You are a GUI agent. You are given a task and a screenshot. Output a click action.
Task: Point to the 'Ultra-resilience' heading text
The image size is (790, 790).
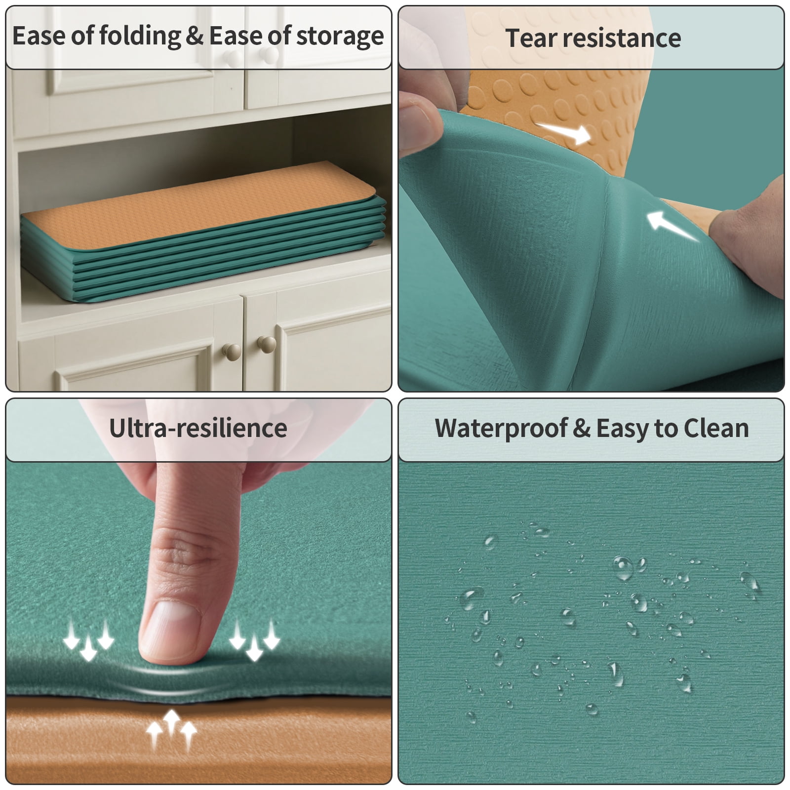(x=198, y=428)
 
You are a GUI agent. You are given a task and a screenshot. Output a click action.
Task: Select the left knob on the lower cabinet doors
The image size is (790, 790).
(x=232, y=352)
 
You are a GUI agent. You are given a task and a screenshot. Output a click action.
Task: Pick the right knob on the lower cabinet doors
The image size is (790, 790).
(x=267, y=344)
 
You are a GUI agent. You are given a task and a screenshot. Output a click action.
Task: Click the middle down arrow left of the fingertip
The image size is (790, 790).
(x=88, y=647)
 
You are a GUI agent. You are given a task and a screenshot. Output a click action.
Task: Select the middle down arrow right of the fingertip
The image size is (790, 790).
(x=254, y=647)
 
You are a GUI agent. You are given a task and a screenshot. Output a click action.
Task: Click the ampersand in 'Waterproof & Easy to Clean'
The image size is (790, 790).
(x=581, y=429)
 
